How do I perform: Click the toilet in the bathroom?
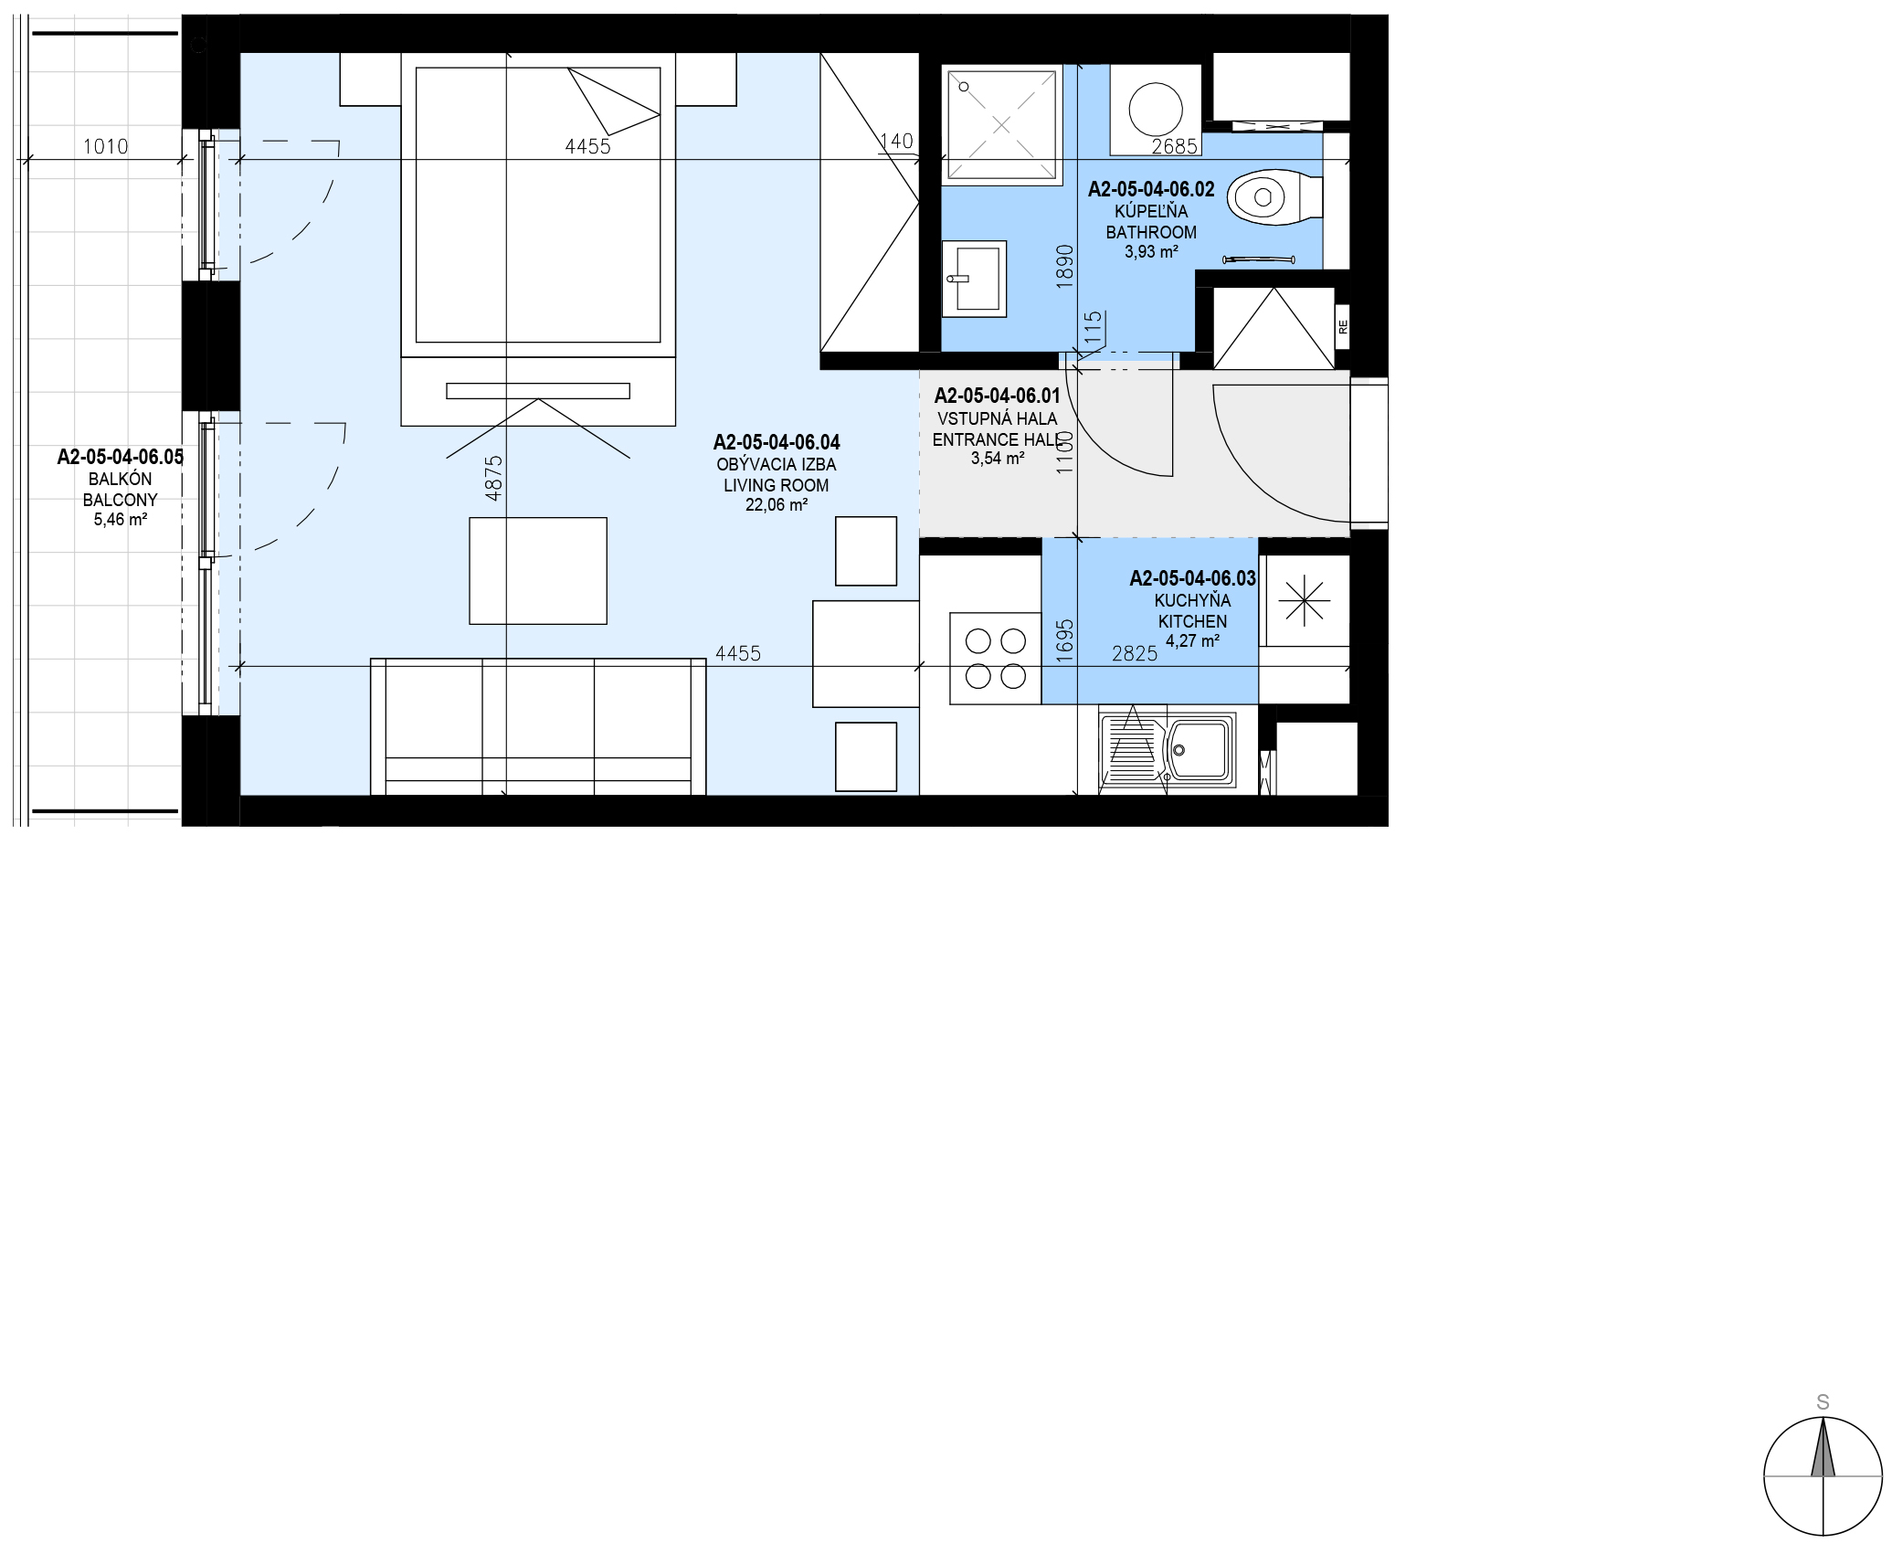pos(1274,196)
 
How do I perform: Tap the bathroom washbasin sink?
pos(974,279)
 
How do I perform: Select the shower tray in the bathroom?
pos(1001,124)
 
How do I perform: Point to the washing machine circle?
pos(1156,110)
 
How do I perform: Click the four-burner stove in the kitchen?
pos(996,659)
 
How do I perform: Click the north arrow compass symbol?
pos(1823,1475)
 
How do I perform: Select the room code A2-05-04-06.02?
pos(1151,189)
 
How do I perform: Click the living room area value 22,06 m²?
pos(777,505)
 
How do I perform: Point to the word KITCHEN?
pos(1193,621)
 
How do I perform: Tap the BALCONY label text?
pos(121,500)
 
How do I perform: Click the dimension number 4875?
pos(493,478)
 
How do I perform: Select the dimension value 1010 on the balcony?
pos(106,146)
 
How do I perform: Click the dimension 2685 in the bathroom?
pos(1175,146)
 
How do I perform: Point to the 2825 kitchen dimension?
pos(1135,653)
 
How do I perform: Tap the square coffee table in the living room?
pos(538,571)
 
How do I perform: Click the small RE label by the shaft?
pos(1343,326)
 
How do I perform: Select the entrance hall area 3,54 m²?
pos(998,459)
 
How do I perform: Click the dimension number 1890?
pos(1064,267)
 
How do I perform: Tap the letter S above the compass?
pos(1823,1402)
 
